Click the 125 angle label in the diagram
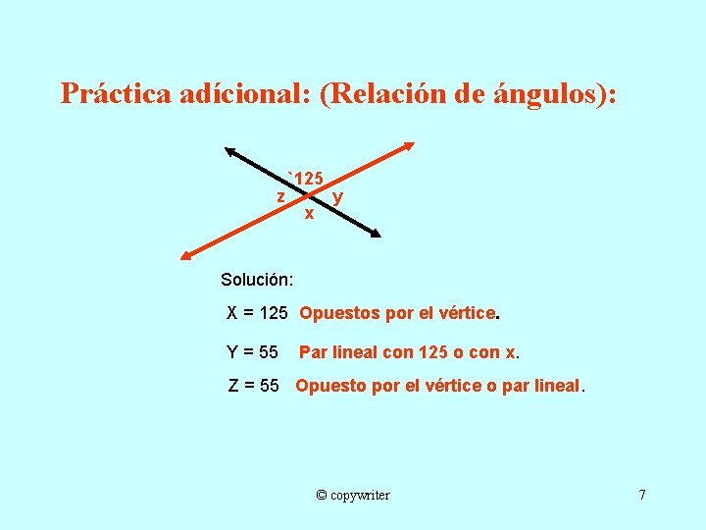pyautogui.click(x=307, y=179)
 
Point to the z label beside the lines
pyautogui.click(x=280, y=196)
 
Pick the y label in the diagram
pyautogui.click(x=337, y=197)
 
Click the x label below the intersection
pyautogui.click(x=309, y=212)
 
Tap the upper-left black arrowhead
pyautogui.click(x=230, y=151)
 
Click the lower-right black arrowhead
pyautogui.click(x=374, y=234)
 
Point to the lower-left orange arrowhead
pyautogui.click(x=186, y=255)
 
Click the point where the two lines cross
pyautogui.click(x=304, y=193)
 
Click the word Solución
pyautogui.click(x=250, y=280)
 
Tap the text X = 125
pyautogui.click(x=257, y=314)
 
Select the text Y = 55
pyautogui.click(x=253, y=351)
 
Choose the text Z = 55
pyautogui.click(x=254, y=386)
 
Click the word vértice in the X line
pyautogui.click(x=467, y=314)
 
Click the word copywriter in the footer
pyautogui.click(x=361, y=495)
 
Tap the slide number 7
pyautogui.click(x=642, y=494)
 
